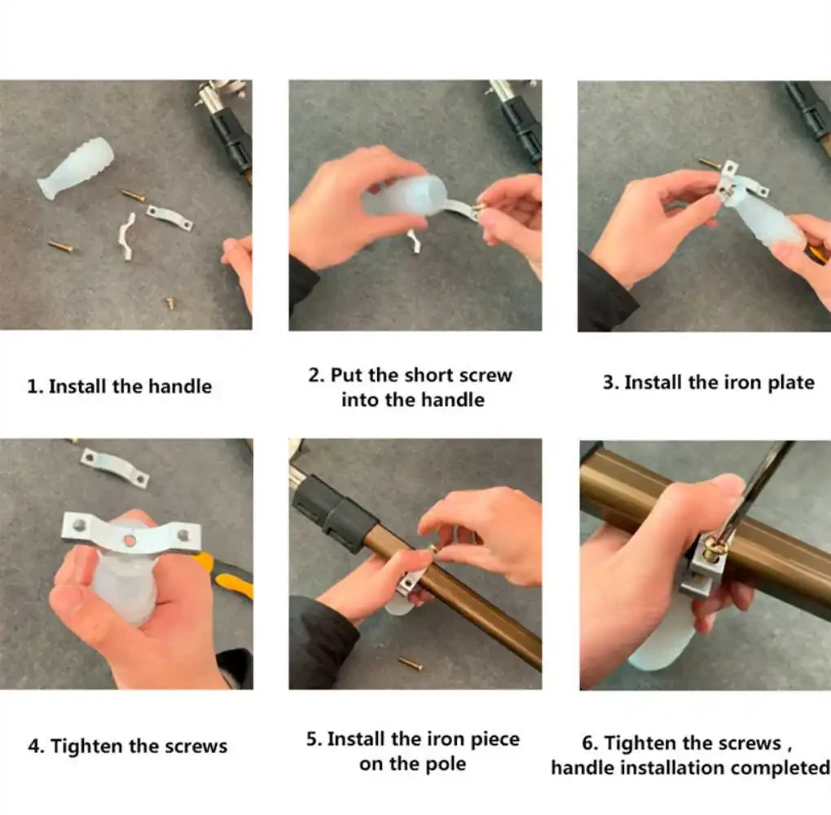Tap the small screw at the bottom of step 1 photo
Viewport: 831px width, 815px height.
[170, 303]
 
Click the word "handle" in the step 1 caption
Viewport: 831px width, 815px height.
[180, 386]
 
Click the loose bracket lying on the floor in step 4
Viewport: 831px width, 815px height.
[115, 467]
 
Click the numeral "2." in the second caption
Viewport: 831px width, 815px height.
[316, 376]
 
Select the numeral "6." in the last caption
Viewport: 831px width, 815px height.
[591, 743]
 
